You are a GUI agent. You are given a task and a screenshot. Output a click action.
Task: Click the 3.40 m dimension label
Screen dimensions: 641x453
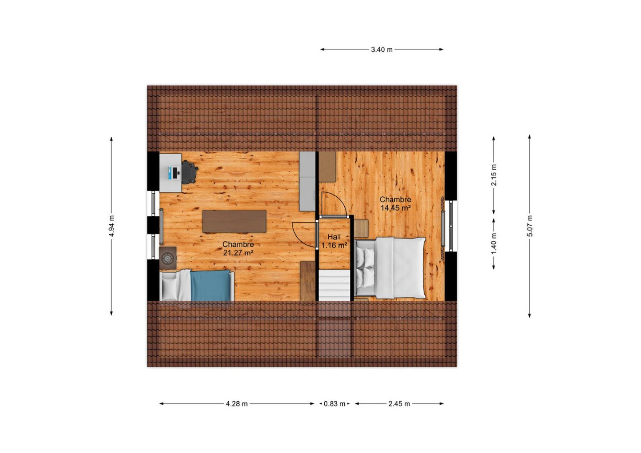point(382,50)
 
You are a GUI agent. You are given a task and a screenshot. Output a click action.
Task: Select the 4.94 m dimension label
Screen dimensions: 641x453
point(111,226)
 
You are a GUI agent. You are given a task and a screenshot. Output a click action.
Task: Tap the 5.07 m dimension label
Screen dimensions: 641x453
point(530,226)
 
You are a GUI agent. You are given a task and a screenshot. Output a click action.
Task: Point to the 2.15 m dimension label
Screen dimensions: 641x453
point(494,175)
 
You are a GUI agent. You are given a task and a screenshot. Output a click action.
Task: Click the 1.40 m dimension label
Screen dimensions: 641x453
point(494,244)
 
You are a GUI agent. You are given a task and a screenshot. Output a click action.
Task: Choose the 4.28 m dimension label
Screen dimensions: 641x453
point(237,404)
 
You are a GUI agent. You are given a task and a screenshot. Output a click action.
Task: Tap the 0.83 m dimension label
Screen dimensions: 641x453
point(335,404)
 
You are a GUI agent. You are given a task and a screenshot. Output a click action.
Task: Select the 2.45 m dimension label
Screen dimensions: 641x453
point(399,404)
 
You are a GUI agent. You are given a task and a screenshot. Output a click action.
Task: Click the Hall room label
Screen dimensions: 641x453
point(334,237)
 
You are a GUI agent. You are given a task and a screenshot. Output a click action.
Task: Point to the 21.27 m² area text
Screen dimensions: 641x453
point(238,253)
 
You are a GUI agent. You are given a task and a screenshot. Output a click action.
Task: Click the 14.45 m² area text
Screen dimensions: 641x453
point(396,208)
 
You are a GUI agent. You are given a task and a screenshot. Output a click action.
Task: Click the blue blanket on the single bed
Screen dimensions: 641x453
point(210,285)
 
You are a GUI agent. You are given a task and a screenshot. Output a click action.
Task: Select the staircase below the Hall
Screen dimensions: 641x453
point(335,285)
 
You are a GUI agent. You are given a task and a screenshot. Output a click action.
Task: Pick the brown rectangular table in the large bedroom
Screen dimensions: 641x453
point(235,221)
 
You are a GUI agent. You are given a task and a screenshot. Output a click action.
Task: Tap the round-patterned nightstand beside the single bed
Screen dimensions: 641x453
point(168,258)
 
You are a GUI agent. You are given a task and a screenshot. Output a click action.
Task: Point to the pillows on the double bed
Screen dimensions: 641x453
point(366,268)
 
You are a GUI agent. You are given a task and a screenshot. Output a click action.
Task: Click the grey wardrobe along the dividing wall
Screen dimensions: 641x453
point(307,181)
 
